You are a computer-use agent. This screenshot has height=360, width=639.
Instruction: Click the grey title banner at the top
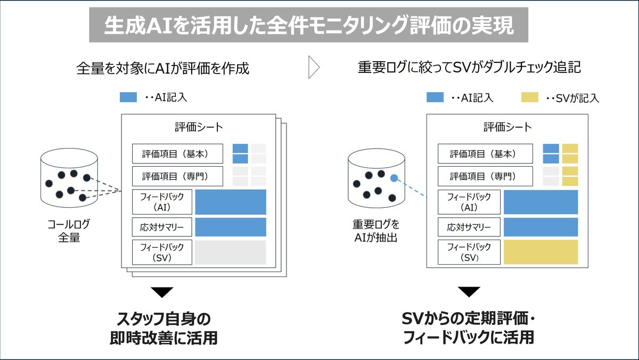309,25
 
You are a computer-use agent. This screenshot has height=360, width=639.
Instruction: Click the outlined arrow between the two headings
314,67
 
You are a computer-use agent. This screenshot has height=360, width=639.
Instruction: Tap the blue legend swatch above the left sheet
128,97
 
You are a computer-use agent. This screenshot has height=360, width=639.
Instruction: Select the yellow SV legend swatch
530,97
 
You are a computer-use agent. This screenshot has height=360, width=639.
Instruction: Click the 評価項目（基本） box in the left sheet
177,154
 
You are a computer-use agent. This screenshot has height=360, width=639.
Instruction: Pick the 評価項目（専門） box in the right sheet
485,176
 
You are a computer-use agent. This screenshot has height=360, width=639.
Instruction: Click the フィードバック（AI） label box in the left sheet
162,202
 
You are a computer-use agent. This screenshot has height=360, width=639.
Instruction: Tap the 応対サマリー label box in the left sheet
162,227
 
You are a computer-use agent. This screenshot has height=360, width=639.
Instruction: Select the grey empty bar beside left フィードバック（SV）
231,252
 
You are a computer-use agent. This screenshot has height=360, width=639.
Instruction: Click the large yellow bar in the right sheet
541,252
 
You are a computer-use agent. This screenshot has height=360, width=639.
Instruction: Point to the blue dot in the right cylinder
394,178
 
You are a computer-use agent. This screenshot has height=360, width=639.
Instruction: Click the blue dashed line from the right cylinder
410,187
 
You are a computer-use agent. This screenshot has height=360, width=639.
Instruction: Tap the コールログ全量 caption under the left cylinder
69,231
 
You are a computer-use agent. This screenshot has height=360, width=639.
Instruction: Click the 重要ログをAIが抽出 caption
376,231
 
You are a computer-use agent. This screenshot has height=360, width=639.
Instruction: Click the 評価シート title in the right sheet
507,127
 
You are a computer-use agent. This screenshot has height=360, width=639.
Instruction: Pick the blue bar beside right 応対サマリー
541,227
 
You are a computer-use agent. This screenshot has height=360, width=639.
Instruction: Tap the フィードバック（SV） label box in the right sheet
469,252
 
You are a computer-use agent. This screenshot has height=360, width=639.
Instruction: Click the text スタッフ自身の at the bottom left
164,319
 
